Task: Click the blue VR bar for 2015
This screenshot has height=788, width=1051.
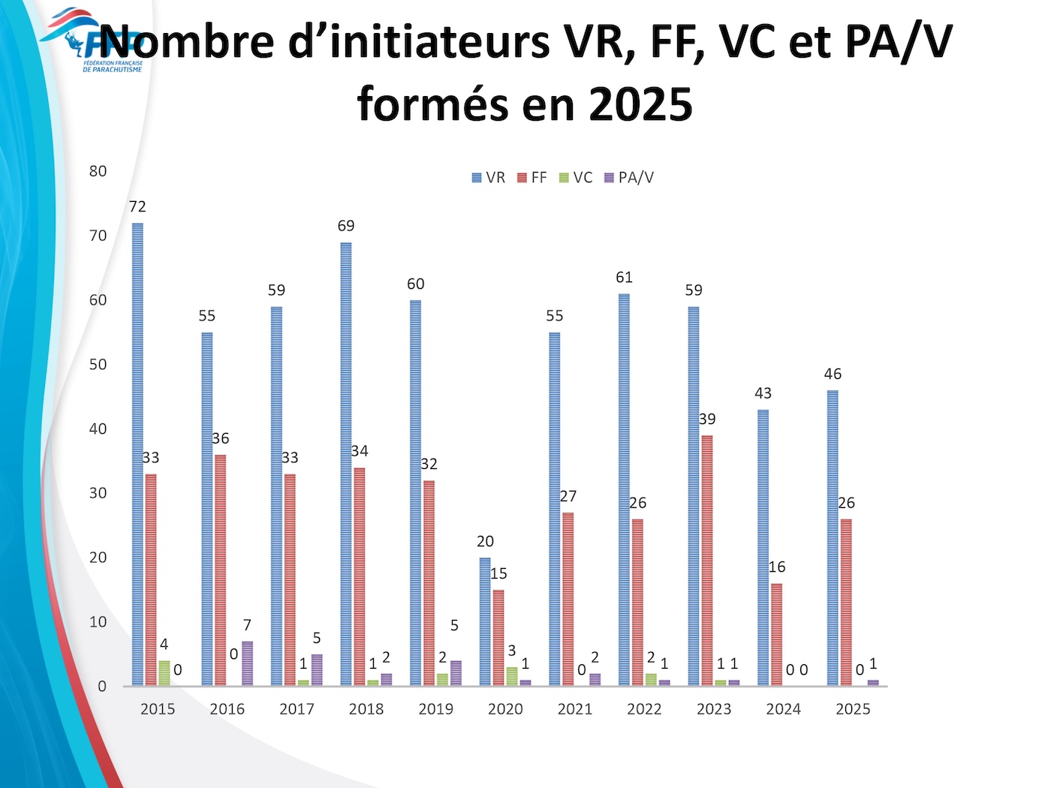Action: pos(137,454)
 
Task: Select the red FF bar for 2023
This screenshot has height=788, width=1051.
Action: pos(707,560)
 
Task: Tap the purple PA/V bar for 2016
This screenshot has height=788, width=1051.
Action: pos(247,663)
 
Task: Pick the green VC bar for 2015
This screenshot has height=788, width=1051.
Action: pos(164,673)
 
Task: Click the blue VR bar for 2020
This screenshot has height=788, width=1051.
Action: pos(485,621)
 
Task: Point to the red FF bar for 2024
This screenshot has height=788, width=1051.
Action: pos(776,634)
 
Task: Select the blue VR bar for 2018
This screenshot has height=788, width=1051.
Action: pos(346,464)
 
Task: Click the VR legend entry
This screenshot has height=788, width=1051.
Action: pos(488,178)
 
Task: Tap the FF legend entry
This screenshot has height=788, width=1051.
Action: pos(532,178)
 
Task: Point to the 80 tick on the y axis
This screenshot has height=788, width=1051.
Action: pos(98,171)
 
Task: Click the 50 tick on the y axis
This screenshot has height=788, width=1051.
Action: pos(98,365)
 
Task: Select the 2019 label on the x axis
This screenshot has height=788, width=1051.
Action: pos(435,709)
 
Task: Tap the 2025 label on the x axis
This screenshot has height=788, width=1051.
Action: pos(853,709)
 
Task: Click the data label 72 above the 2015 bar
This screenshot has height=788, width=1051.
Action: pos(137,207)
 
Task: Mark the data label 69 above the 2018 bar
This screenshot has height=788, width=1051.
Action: pos(346,226)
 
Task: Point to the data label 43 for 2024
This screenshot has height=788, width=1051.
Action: pos(763,393)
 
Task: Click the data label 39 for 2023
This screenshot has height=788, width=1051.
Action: pos(707,420)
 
